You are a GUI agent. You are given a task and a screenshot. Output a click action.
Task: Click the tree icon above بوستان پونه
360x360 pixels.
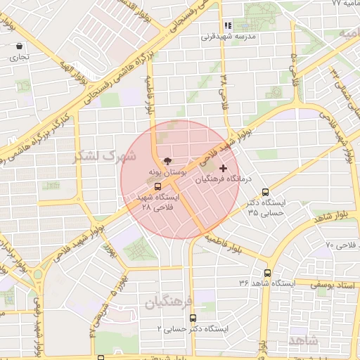[167, 161]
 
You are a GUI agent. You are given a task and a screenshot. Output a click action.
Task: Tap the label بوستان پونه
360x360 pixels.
[166, 172]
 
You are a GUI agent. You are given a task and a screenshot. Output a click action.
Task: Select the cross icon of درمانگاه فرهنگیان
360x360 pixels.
[224, 168]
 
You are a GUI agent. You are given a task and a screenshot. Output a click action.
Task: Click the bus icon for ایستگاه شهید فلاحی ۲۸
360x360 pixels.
[157, 187]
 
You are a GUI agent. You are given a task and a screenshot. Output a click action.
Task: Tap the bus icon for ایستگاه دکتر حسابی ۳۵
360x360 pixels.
[265, 191]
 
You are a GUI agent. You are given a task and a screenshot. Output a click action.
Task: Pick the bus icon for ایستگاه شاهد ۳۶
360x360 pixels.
[267, 273]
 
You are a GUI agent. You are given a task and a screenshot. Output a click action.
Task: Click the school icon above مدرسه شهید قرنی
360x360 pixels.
[227, 26]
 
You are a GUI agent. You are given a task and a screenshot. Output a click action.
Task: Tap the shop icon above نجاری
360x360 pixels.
[18, 46]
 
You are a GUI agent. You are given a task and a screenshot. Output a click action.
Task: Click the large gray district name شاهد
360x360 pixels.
[303, 340]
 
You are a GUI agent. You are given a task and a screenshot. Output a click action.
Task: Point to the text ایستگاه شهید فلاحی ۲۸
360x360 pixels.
[160, 202]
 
